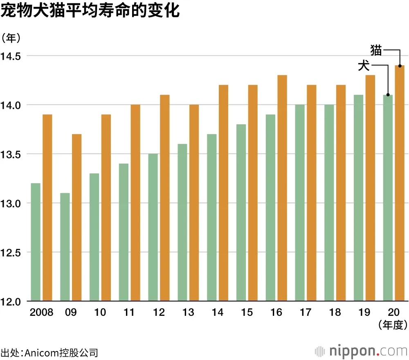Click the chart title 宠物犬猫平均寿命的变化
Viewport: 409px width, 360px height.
click(x=90, y=11)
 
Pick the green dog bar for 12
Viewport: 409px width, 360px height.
click(x=153, y=227)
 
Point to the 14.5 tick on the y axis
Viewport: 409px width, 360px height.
click(x=12, y=56)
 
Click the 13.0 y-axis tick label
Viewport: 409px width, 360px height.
click(x=12, y=203)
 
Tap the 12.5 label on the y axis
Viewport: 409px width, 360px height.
click(x=12, y=252)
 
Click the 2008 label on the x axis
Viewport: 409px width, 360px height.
click(x=42, y=313)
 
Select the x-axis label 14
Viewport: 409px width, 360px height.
click(x=218, y=313)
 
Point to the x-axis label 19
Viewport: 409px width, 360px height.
click(x=364, y=313)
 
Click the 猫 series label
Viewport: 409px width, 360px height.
click(x=376, y=50)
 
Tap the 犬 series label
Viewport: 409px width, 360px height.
click(x=364, y=66)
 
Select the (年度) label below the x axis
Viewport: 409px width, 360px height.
click(x=393, y=325)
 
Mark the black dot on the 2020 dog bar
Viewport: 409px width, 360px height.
click(x=388, y=94)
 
